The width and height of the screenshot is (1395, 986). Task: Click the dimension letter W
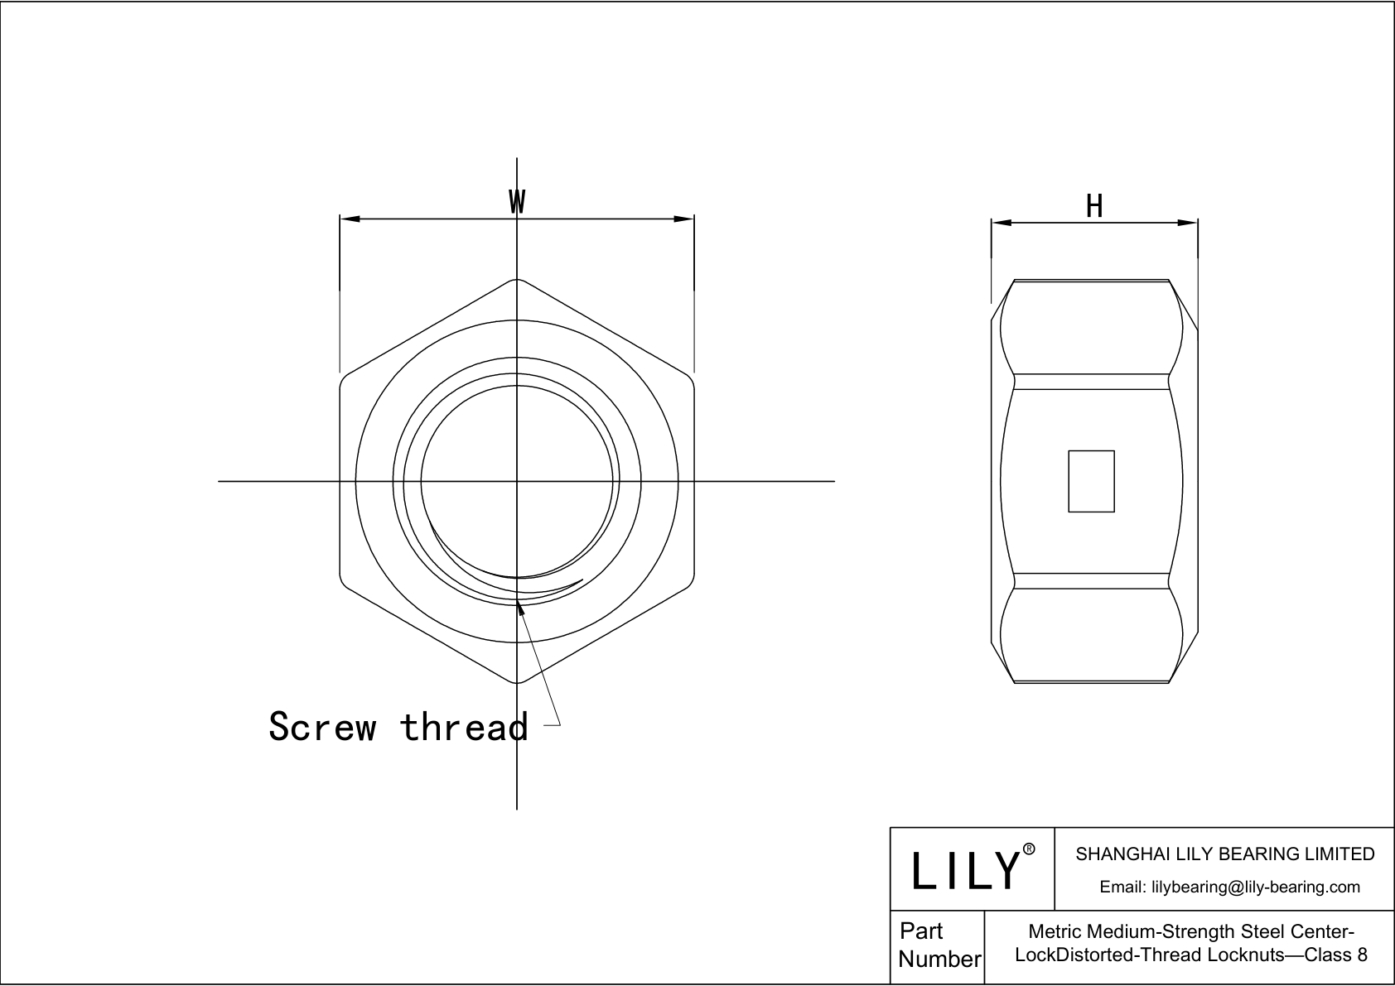click(x=517, y=201)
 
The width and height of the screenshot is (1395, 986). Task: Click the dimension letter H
click(x=1094, y=206)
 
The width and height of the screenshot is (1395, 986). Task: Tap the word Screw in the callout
click(x=322, y=726)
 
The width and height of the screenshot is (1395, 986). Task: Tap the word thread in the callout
click(x=464, y=726)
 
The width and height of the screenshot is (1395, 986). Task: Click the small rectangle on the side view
click(x=1091, y=481)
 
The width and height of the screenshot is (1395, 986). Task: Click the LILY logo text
click(x=966, y=870)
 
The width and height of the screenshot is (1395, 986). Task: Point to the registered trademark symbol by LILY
click(x=1029, y=849)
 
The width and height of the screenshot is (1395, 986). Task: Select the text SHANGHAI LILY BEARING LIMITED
click(x=1224, y=854)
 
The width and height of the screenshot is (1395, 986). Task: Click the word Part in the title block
click(x=921, y=931)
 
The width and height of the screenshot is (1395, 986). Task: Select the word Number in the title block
click(x=939, y=959)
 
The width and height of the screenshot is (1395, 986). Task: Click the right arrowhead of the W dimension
click(x=684, y=219)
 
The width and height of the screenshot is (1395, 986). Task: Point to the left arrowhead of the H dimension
click(x=1002, y=222)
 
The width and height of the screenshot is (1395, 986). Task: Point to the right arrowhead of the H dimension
click(x=1188, y=222)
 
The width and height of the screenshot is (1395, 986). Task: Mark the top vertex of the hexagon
click(x=517, y=279)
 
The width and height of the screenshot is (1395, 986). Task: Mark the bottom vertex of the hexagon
click(x=517, y=683)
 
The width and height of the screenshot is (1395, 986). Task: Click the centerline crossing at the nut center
click(x=517, y=481)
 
